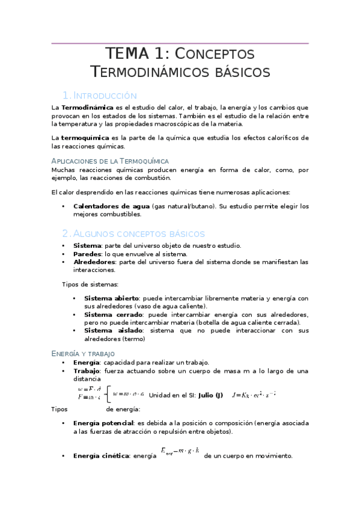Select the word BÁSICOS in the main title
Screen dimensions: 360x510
pyautogui.click(x=236, y=73)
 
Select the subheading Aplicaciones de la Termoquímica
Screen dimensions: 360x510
pyautogui.click(x=110, y=161)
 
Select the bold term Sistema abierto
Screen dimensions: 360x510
pyautogui.click(x=111, y=298)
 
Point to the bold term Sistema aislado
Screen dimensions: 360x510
pyautogui.click(x=112, y=330)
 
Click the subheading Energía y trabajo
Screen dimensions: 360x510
pyautogui.click(x=83, y=354)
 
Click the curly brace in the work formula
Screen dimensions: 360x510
pyautogui.click(x=107, y=395)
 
